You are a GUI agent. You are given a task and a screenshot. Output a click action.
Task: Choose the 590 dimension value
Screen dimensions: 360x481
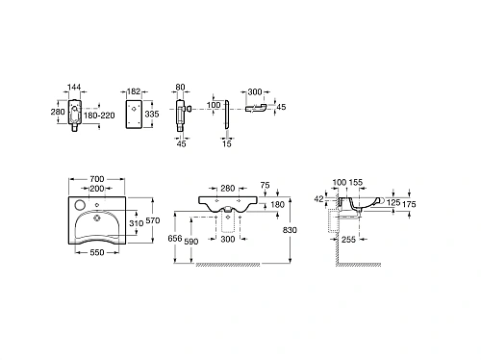click(x=191, y=241)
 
